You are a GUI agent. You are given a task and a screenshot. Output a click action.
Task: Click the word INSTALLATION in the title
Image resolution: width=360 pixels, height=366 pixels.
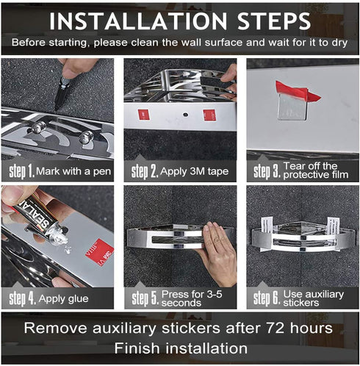(x=138, y=21)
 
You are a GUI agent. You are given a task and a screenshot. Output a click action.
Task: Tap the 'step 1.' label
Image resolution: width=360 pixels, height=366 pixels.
(x=22, y=171)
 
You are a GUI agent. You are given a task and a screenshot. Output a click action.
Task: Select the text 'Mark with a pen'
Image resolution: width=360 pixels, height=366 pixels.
(x=73, y=171)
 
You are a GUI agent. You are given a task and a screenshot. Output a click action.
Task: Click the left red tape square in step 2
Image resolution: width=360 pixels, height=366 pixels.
(x=144, y=115)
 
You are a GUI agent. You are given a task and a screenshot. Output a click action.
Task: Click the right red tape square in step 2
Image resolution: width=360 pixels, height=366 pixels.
(x=209, y=115)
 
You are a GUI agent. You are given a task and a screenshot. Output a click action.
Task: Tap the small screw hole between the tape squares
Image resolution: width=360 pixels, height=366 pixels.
(x=186, y=115)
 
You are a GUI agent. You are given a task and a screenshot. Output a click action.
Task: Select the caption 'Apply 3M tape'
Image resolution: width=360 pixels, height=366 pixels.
(x=195, y=171)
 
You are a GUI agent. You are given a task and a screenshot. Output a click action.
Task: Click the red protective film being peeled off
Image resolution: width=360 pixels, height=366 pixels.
(x=297, y=91)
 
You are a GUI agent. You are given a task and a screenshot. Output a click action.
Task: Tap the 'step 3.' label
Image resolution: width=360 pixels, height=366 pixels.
(x=267, y=171)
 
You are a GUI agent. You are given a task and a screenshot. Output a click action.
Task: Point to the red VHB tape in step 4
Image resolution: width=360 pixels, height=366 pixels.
(x=100, y=251)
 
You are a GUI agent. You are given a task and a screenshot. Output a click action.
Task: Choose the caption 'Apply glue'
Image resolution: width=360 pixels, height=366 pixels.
(x=63, y=298)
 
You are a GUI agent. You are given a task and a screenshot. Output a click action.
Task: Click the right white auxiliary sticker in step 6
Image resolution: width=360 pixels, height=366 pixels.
(x=334, y=230)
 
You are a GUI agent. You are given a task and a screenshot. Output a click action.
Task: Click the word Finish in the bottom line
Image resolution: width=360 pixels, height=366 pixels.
(x=137, y=348)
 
